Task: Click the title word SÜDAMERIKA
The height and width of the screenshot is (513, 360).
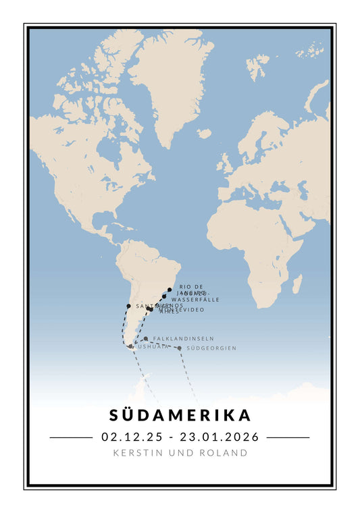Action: click(180, 414)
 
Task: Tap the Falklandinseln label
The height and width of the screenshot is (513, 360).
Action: click(183, 338)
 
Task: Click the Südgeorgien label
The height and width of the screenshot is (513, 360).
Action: click(211, 348)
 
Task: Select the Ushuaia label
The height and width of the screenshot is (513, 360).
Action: click(153, 346)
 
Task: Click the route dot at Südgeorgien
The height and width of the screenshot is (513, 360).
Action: click(179, 348)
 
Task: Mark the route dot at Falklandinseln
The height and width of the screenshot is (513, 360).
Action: click(146, 339)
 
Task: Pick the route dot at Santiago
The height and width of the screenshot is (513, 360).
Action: click(128, 306)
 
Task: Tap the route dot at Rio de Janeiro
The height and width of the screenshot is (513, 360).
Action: click(170, 290)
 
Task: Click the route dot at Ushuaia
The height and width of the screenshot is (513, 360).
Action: click(131, 346)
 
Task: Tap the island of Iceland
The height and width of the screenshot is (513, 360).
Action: click(204, 134)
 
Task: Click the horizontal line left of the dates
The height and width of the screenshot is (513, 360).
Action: click(70, 437)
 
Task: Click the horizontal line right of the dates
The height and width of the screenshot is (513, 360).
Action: click(288, 437)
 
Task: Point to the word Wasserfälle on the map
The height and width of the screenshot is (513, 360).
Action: click(195, 299)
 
